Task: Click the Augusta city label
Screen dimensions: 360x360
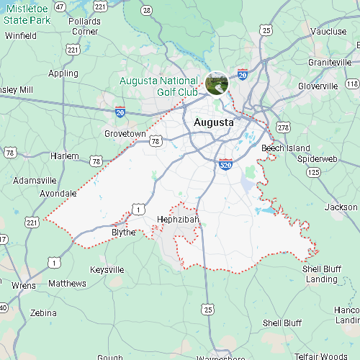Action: point(214,123)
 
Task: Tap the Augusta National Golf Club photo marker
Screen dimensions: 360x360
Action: point(217,84)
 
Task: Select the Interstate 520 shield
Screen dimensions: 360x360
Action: point(225,165)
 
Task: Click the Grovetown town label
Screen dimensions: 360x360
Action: point(125,134)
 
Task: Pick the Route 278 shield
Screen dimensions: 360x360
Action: point(283,127)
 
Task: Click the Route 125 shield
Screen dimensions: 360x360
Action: point(313,173)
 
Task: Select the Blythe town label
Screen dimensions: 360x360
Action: point(123,233)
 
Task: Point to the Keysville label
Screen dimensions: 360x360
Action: point(107,269)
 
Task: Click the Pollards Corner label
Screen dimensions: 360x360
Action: point(85,26)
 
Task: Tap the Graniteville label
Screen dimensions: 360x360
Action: point(330,63)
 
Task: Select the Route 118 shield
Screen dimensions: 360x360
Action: point(353,84)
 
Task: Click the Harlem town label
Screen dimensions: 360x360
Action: point(65,156)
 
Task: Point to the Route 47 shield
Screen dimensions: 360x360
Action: point(60,6)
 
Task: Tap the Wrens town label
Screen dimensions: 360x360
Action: point(24,285)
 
